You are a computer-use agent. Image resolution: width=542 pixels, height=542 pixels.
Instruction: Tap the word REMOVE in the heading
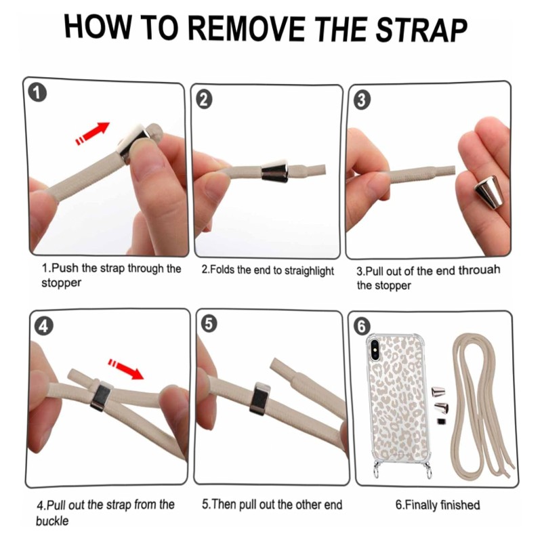click(247, 28)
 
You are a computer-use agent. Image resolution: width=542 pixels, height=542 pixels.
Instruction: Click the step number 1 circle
click(37, 93)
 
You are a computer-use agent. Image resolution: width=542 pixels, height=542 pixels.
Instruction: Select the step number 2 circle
click(205, 100)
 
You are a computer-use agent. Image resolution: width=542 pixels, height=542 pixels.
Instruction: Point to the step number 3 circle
click(362, 100)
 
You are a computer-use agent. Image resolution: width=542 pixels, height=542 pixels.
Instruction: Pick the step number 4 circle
click(43, 326)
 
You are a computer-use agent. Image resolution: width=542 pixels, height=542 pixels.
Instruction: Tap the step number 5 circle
click(209, 324)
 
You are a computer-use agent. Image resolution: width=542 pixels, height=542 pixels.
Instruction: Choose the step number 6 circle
click(362, 326)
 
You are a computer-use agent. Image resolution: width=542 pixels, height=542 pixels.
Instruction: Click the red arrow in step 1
click(93, 133)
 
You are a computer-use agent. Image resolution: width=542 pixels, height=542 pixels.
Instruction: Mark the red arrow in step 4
click(126, 369)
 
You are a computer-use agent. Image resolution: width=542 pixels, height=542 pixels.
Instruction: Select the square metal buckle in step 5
click(261, 400)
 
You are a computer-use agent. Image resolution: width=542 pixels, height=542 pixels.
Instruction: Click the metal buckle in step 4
click(101, 396)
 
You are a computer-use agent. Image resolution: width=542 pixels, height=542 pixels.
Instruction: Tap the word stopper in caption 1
click(61, 283)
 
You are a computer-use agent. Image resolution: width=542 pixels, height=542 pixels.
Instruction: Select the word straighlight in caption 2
click(309, 271)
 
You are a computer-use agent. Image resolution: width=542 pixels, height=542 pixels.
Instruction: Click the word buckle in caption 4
click(52, 520)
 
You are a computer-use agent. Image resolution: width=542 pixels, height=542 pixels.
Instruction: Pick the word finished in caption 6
click(460, 505)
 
